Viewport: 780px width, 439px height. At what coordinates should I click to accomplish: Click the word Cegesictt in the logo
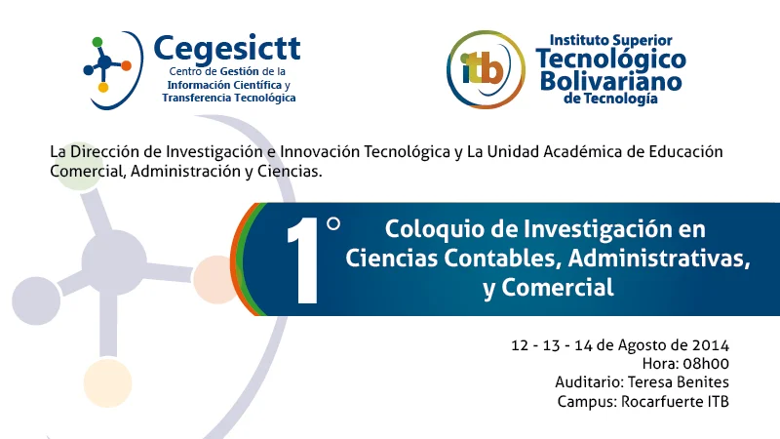coord(227,47)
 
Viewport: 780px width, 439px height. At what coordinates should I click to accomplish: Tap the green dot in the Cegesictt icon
coord(97,42)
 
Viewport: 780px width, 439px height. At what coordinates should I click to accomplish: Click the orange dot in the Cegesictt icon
coord(126,65)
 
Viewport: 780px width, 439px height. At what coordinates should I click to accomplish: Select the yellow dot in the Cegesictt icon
coord(103,88)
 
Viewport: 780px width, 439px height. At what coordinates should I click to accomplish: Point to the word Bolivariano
coord(610,79)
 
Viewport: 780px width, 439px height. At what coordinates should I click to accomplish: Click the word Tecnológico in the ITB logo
coord(610,59)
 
